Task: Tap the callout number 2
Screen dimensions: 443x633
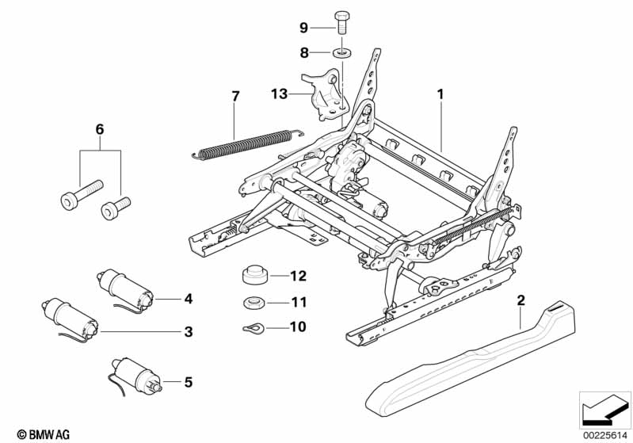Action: [521, 300]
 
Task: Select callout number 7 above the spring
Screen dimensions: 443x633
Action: [235, 96]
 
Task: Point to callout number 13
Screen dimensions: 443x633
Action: [278, 94]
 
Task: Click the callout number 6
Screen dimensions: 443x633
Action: [99, 128]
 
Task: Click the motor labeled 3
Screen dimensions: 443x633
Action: [73, 315]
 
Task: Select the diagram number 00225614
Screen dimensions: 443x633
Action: [604, 433]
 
